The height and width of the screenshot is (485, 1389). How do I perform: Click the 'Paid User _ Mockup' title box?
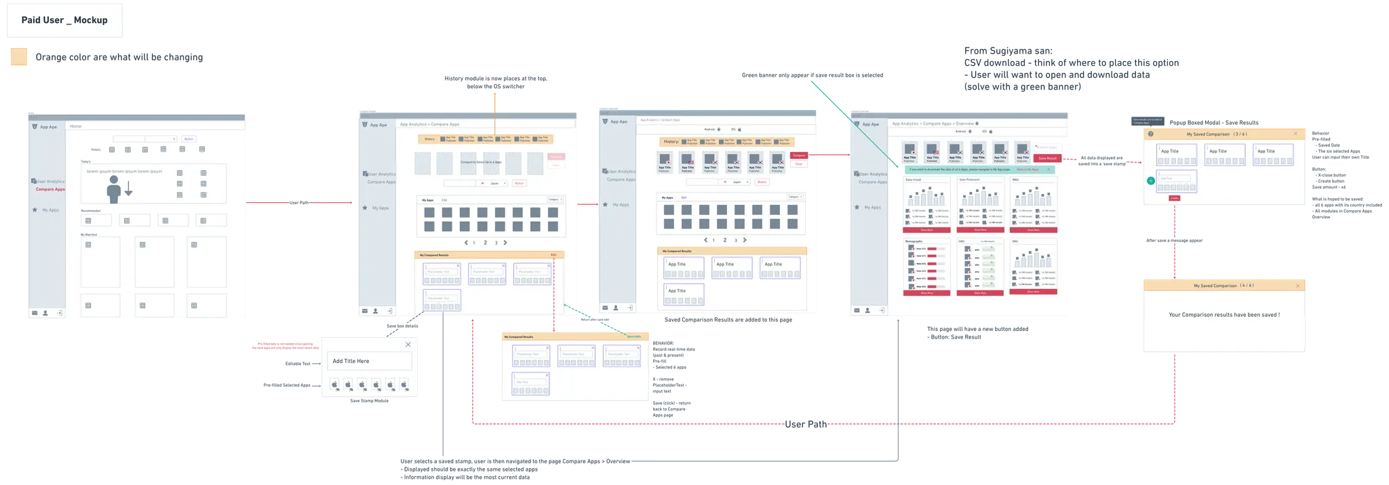[64, 20]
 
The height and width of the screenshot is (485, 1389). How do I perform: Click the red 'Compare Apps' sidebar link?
[50, 189]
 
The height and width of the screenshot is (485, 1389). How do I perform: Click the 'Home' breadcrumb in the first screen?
[76, 126]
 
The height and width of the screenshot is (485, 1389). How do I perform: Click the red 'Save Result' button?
[1047, 158]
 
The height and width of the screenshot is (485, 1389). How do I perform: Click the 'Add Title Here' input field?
[370, 361]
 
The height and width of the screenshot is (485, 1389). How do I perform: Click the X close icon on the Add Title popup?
[408, 345]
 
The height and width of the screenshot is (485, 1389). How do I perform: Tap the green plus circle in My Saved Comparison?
[1151, 180]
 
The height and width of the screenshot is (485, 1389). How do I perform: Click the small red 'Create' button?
[1174, 198]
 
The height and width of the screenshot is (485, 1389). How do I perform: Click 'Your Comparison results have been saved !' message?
[1224, 315]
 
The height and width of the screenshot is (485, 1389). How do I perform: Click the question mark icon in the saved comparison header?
[1151, 134]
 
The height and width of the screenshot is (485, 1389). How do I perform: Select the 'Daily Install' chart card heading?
[914, 180]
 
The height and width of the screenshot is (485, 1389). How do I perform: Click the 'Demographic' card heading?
[914, 241]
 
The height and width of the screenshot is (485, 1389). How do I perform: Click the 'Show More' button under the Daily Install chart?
[927, 230]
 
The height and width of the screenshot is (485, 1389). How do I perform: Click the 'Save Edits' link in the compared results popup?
[633, 336]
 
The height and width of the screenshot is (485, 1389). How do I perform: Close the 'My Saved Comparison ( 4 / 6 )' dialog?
[1298, 286]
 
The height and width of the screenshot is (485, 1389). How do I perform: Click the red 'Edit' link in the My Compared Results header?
[553, 255]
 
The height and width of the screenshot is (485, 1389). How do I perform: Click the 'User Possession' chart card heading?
[970, 180]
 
